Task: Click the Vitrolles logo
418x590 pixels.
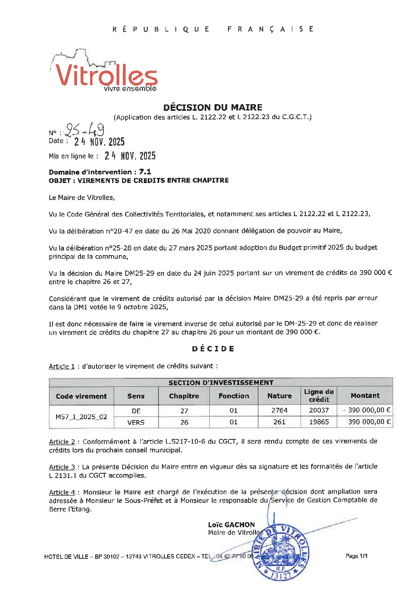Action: click(x=105, y=73)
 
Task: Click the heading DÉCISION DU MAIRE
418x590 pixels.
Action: click(x=213, y=107)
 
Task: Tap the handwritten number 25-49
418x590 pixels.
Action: click(x=85, y=129)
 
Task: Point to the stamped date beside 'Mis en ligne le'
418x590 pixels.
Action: click(x=130, y=156)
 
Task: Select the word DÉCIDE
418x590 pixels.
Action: click(x=213, y=349)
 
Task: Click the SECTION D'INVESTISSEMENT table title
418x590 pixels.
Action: click(x=221, y=382)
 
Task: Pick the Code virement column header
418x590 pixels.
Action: click(x=81, y=396)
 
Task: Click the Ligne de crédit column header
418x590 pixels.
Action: click(x=319, y=396)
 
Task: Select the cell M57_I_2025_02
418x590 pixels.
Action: click(x=81, y=416)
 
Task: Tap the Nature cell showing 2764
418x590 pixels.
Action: click(x=279, y=410)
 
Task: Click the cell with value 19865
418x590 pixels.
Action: click(x=319, y=422)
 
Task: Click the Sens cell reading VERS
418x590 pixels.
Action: click(x=136, y=422)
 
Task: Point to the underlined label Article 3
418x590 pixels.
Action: click(x=62, y=467)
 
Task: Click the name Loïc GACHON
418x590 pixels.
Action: click(x=232, y=525)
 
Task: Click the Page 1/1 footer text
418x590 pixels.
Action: click(x=356, y=556)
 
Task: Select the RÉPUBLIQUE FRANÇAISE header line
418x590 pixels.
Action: click(x=213, y=29)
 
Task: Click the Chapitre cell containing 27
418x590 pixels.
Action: click(x=184, y=411)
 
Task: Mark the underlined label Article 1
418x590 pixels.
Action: click(x=62, y=366)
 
